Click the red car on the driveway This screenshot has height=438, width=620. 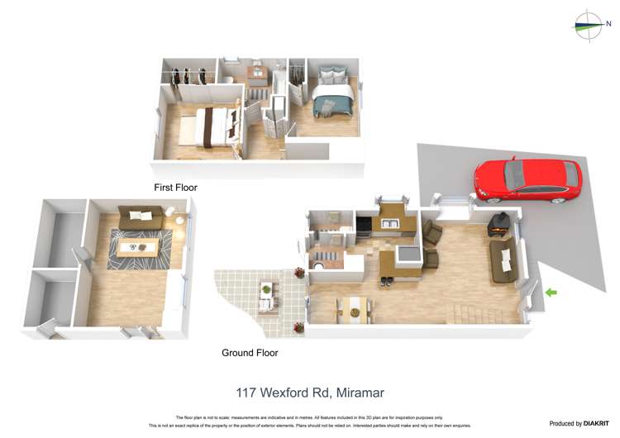coord(527,180)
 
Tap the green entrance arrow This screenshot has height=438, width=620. coord(551,292)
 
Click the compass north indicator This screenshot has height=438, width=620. coord(589,26)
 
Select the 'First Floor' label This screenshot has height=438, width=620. coord(175,188)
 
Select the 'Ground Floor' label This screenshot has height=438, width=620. coord(250,353)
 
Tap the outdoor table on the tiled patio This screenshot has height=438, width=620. coord(267,292)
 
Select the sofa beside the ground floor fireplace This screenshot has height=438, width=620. coord(503,261)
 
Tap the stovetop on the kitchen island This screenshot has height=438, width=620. coord(407,253)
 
